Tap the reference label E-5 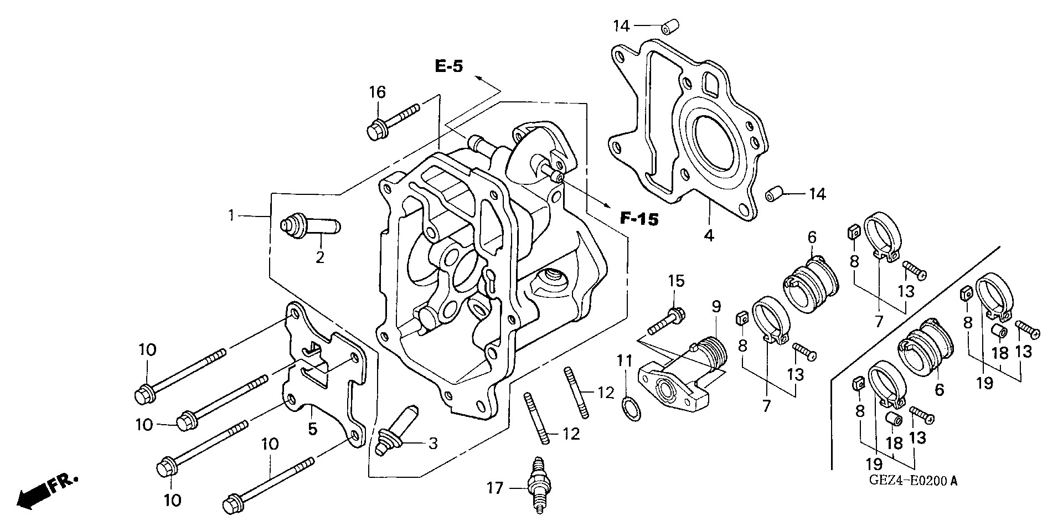point(448,68)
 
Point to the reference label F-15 point(639,219)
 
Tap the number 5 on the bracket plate point(313,429)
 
